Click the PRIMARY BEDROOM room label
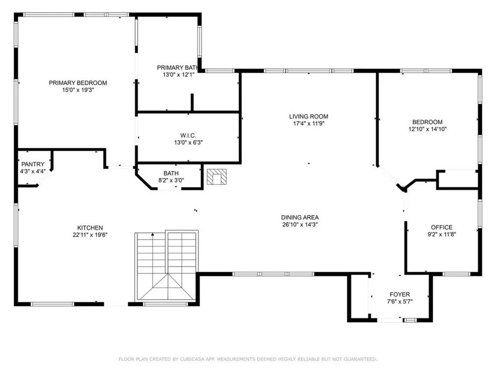(x=77, y=83)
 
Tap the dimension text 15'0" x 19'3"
(x=77, y=90)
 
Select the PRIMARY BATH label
(x=177, y=67)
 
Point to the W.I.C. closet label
(x=188, y=135)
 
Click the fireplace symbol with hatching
(x=216, y=176)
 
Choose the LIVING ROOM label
(x=309, y=116)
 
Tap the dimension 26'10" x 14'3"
(x=300, y=224)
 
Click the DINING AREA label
(x=300, y=217)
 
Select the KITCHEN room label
(x=90, y=228)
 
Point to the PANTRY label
(x=33, y=164)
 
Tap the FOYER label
(x=400, y=294)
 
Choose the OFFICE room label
(x=441, y=227)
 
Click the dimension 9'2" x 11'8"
(x=441, y=234)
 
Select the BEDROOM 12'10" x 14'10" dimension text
(x=427, y=129)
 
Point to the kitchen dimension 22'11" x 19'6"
(x=90, y=235)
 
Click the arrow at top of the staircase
(x=153, y=235)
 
